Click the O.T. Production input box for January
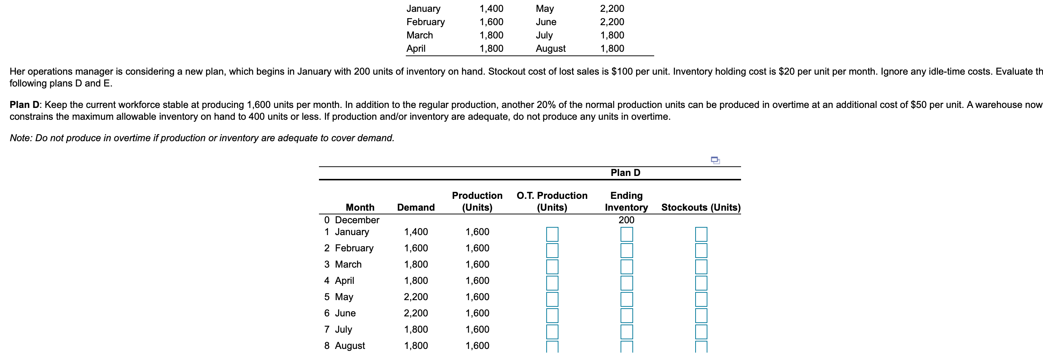tap(552, 234)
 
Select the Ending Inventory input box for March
tap(626, 266)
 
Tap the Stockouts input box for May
tap(701, 299)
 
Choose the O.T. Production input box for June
tap(552, 315)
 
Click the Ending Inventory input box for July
tap(626, 331)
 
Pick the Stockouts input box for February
tap(701, 250)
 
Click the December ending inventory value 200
tap(626, 220)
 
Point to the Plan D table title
tap(625, 173)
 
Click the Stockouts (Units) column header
tap(700, 207)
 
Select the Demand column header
tap(415, 207)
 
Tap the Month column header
tap(360, 207)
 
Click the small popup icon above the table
tap(715, 160)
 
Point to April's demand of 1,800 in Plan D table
tap(416, 280)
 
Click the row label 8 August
tap(344, 346)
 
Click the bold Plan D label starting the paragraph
tap(24, 105)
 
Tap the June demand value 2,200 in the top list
tap(612, 22)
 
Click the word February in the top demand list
tap(425, 22)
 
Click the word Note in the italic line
tap(20, 138)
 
